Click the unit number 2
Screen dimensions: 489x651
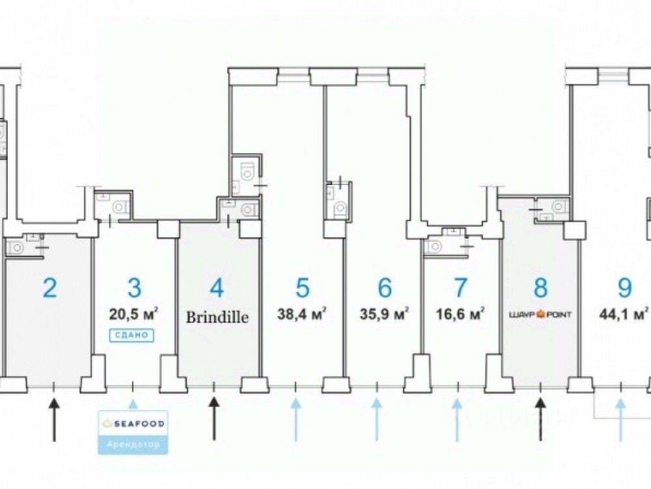click(x=49, y=288)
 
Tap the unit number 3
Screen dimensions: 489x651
click(x=133, y=288)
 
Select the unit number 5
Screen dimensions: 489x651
click(x=302, y=288)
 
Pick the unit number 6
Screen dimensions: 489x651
click(x=384, y=288)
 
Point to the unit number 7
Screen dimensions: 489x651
click(x=460, y=288)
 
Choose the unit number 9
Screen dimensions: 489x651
click(x=624, y=288)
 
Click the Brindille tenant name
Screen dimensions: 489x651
click(x=218, y=318)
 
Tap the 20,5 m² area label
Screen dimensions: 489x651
click(x=135, y=314)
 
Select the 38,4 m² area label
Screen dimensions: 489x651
click(x=302, y=314)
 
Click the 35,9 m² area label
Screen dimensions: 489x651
click(x=384, y=314)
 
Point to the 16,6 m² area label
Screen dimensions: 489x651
click(x=460, y=314)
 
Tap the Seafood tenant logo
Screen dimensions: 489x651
click(x=133, y=424)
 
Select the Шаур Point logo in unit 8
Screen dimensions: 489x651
click(x=540, y=315)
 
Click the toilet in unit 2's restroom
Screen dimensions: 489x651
click(x=16, y=246)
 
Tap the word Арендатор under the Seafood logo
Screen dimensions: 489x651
click(x=133, y=445)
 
